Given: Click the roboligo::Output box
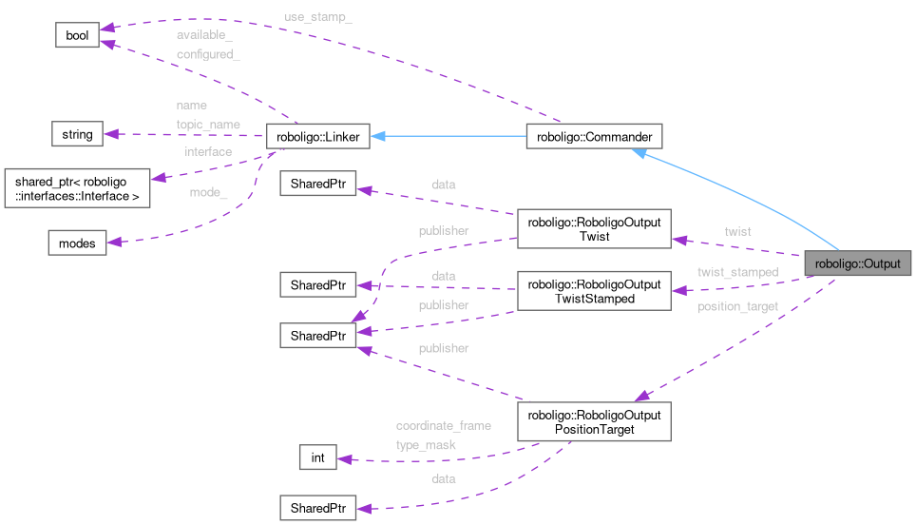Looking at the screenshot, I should (858, 262).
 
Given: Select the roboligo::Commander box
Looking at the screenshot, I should (594, 137).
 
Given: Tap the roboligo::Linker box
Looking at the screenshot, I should (317, 137).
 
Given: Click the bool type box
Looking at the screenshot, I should (76, 35).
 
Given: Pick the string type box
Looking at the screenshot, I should (77, 134).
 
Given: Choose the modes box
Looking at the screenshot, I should (77, 243).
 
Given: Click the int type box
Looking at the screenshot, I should (317, 458).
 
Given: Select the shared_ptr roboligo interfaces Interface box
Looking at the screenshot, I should (78, 188).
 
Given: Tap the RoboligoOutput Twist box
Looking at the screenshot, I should (594, 229).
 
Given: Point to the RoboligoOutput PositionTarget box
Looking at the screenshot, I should (594, 422).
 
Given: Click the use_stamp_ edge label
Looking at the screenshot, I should (317, 18).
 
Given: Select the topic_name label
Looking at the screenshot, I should (207, 124).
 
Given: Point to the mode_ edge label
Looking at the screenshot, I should (210, 194).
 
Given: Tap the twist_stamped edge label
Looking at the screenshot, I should (737, 272).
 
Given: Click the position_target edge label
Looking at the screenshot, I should (737, 306).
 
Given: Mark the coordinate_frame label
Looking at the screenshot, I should (443, 425).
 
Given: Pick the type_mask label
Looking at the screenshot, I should (426, 444).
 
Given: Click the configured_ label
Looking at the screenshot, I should (207, 54).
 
